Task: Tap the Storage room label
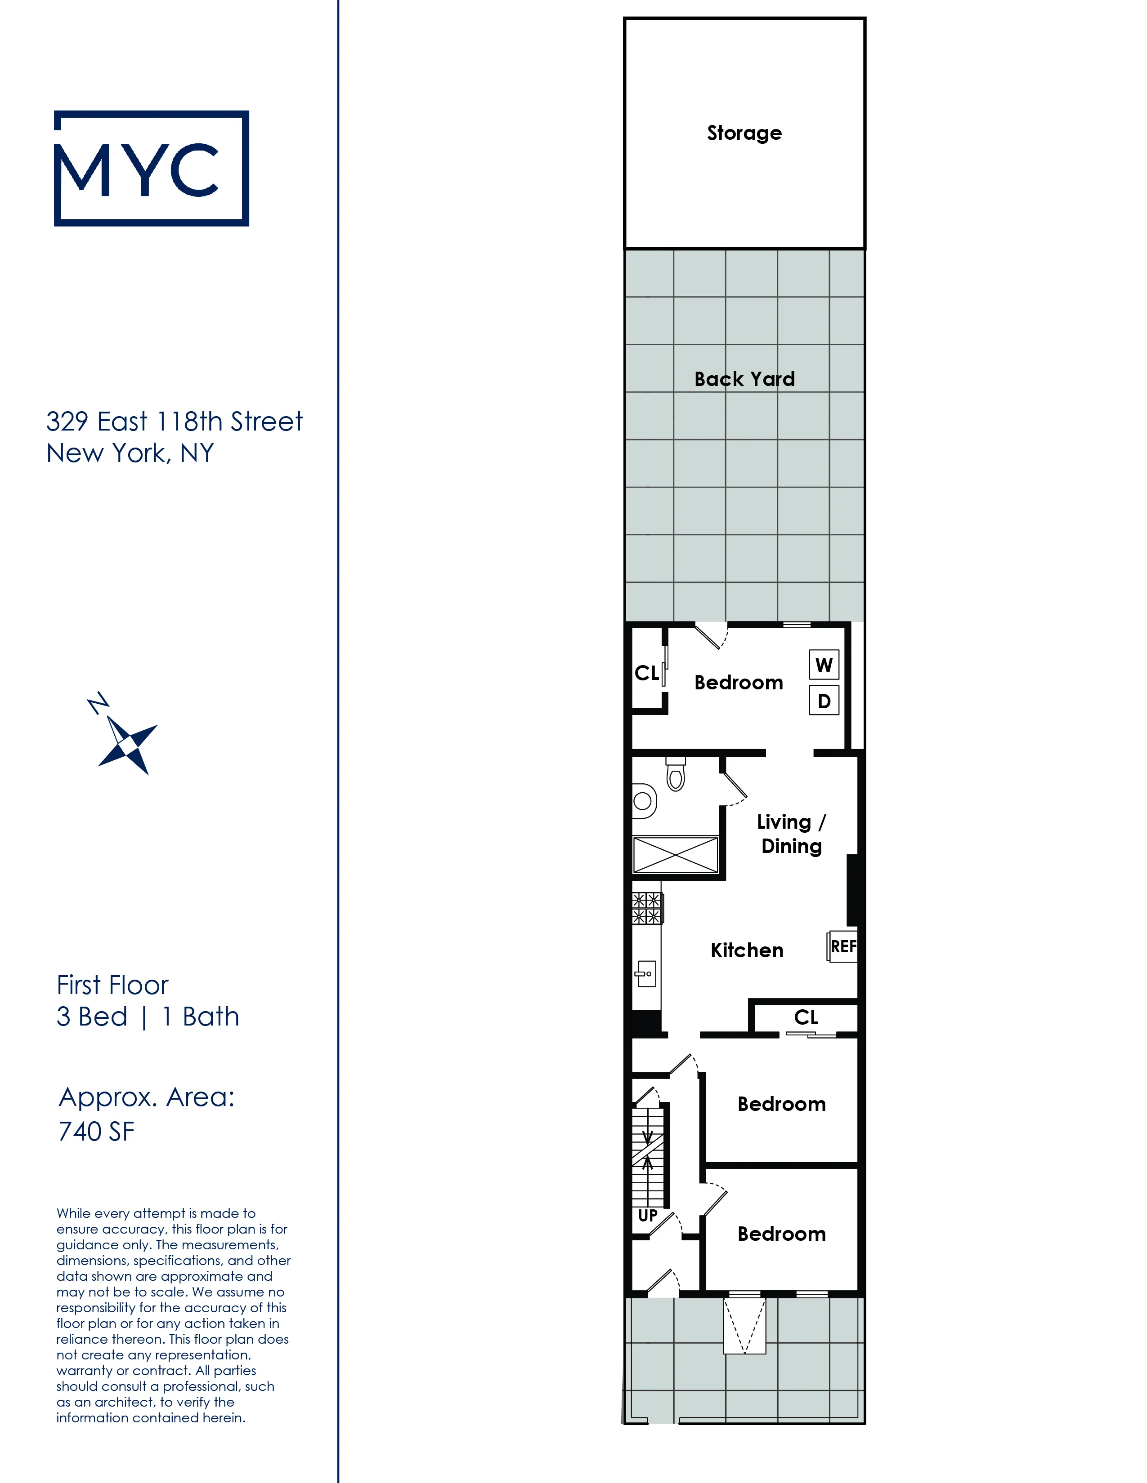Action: tap(744, 133)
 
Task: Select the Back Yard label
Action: tap(744, 379)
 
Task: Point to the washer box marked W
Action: tap(824, 665)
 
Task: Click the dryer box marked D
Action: tap(824, 701)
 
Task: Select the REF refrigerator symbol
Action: tap(842, 946)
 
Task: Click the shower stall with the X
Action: tap(676, 854)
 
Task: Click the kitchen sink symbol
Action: tap(646, 974)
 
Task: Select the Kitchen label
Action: tap(747, 950)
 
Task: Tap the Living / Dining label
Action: tap(791, 834)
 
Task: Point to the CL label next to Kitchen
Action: tap(806, 1017)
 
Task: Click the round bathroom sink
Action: tap(643, 801)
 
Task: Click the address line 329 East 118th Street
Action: tap(174, 422)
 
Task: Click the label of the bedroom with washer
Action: tap(738, 683)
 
